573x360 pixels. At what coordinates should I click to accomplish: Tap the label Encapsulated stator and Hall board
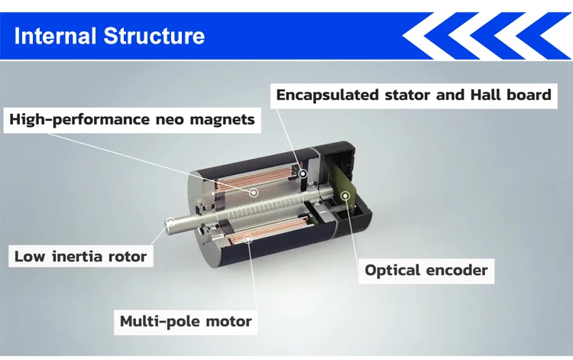[x=413, y=96]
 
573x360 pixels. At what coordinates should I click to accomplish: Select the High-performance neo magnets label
[x=131, y=119]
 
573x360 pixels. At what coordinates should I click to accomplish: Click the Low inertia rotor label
[x=79, y=256]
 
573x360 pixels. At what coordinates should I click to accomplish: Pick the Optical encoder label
[x=426, y=270]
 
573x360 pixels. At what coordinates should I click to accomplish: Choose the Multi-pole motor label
[x=185, y=321]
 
